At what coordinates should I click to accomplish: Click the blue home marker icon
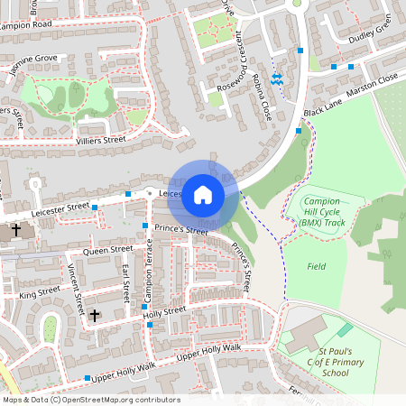coord(203,195)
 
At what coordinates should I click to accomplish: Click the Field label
coord(316,266)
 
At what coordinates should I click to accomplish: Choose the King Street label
coord(40,293)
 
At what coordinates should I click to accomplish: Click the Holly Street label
coord(165,309)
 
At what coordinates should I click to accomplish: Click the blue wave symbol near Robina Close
coord(278,80)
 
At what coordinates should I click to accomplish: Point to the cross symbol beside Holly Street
coord(94,316)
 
